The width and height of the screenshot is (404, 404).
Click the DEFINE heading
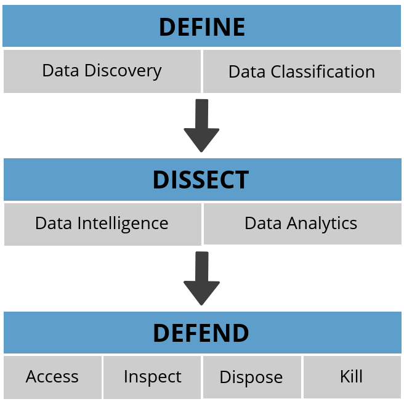202,27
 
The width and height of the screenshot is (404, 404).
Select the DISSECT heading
201,179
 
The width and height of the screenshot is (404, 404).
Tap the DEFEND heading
201,333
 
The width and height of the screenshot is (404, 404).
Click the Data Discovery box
102,71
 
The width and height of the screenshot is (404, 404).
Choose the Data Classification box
302,71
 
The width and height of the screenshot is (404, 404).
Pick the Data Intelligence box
102,223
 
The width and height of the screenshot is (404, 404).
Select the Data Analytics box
301,223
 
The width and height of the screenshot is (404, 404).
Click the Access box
52,376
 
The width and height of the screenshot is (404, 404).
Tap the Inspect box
152,376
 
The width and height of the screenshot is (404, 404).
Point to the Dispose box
251,377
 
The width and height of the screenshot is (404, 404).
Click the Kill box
352,376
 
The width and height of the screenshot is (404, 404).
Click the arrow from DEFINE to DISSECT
201,125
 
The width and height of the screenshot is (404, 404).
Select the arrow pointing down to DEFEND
201,278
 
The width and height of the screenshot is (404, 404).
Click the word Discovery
123,71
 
